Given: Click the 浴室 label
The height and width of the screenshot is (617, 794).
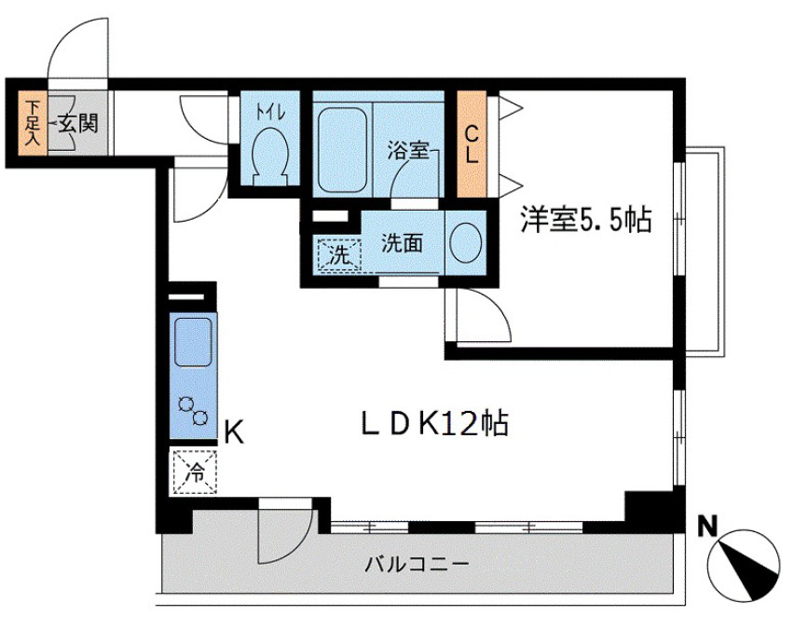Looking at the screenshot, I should pos(409,149).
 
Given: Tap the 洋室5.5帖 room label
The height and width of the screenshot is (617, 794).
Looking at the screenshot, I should pos(584,221).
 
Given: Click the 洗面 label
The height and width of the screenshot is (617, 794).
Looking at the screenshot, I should pos(402,243).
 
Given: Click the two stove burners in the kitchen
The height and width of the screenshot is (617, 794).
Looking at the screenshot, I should pos(194,409).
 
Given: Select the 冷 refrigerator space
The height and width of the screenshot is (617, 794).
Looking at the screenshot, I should pos(195,470).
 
